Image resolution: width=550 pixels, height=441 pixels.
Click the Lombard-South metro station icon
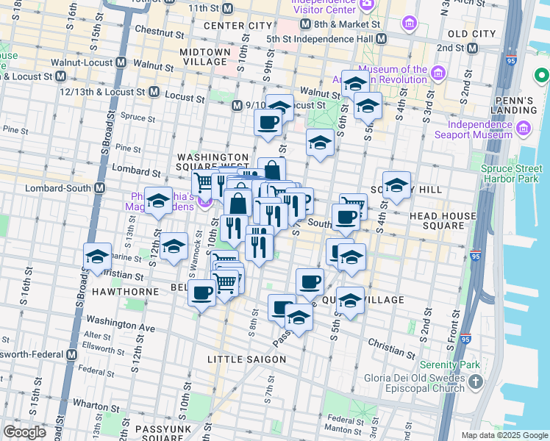pyautogui.click(x=99, y=187)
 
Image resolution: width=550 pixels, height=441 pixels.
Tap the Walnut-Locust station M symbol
pyautogui.click(x=123, y=65)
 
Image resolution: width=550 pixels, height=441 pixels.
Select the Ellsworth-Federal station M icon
pyautogui.click(x=71, y=354)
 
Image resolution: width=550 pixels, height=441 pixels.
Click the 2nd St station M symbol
pyautogui.click(x=473, y=48)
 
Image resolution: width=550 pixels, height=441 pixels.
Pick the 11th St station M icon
pyautogui.click(x=227, y=9)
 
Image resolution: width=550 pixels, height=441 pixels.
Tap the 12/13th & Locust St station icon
pyautogui.click(x=154, y=92)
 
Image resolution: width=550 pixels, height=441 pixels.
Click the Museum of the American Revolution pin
pyautogui.click(x=439, y=73)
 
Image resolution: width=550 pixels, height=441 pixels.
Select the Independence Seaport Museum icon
pyautogui.click(x=524, y=129)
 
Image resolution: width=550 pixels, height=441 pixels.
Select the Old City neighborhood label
pyautogui.click(x=471, y=34)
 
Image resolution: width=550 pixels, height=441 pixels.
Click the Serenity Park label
pyautogui.click(x=449, y=365)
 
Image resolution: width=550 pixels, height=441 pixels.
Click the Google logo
pyautogui.click(x=24, y=432)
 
